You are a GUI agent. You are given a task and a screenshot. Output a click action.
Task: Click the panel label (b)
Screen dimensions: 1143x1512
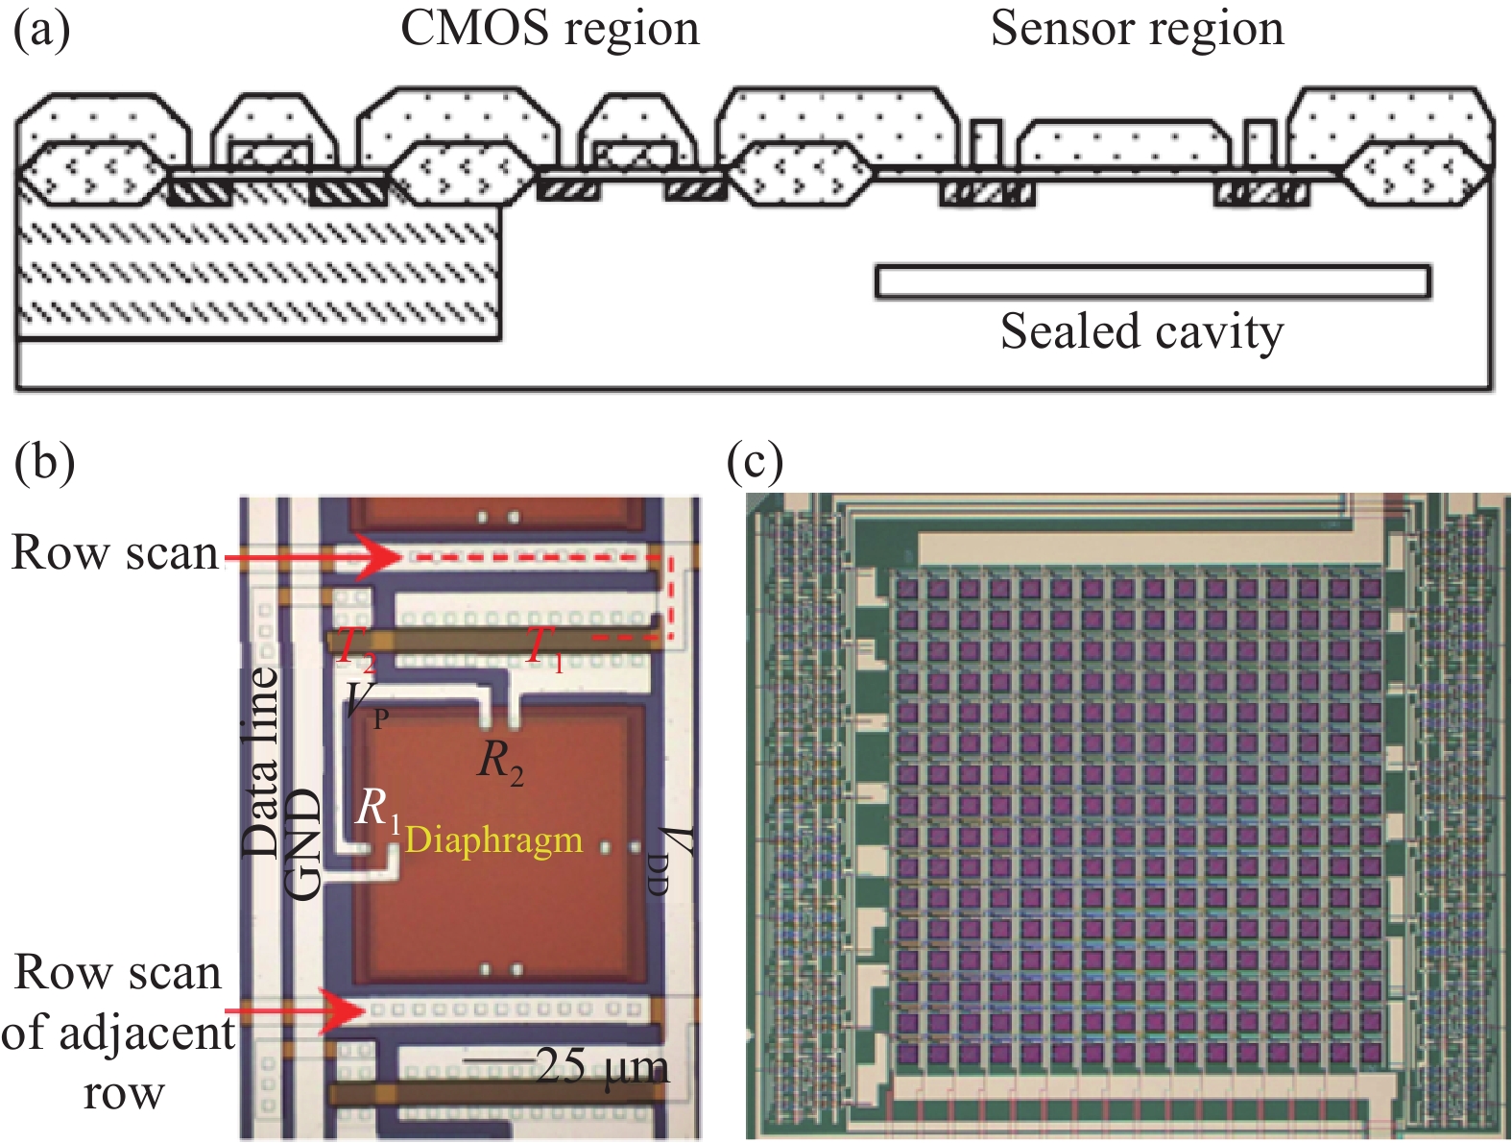coord(44,462)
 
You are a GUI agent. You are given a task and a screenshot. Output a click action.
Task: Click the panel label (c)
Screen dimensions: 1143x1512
coord(755,462)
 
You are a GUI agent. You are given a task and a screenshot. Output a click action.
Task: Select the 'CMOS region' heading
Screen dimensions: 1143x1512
coord(549,28)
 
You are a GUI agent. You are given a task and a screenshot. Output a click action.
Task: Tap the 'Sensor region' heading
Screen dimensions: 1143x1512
coord(1137,28)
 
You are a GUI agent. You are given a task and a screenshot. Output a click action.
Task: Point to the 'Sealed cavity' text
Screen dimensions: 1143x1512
coord(1141,331)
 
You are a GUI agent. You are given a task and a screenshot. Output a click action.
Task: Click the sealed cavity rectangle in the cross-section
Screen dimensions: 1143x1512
coord(1152,280)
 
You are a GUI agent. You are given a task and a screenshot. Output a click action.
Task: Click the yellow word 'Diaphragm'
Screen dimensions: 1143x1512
coord(493,839)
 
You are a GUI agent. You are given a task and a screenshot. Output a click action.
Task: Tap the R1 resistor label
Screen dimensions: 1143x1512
coord(377,810)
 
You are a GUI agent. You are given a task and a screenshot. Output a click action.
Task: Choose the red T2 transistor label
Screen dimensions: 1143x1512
coord(355,649)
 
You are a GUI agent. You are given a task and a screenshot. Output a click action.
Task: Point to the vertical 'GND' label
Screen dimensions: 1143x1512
coord(304,844)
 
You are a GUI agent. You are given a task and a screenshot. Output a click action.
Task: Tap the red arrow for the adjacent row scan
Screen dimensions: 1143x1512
coord(298,1010)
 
